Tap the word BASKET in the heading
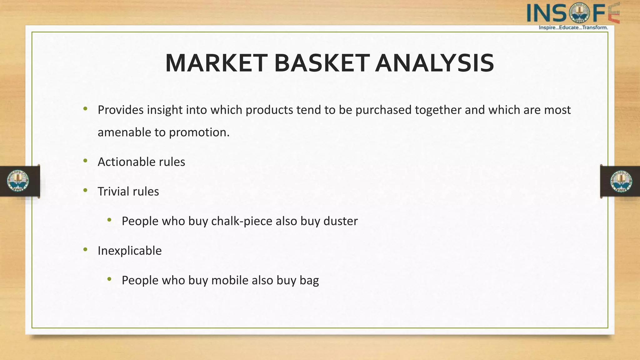pos(322,63)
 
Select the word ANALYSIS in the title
pos(434,63)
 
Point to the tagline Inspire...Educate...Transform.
pos(573,27)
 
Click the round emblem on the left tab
pos(18,181)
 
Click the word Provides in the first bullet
pos(121,110)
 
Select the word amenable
pos(124,132)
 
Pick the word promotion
pos(199,132)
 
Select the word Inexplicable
pos(129,251)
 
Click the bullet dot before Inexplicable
pos(85,249)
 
